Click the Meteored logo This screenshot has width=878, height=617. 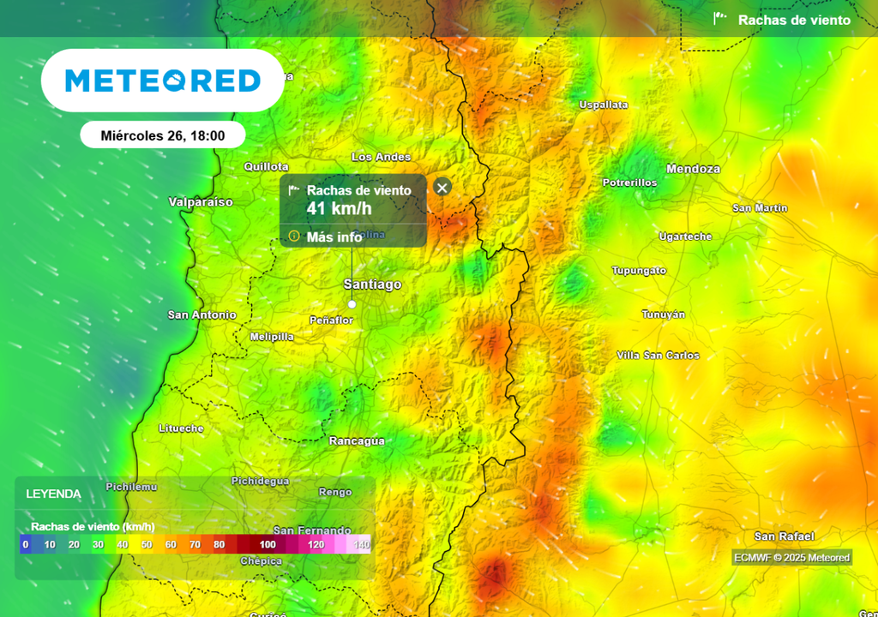(163, 81)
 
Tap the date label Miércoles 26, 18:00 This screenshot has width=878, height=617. (163, 135)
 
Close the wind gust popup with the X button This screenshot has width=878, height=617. (442, 188)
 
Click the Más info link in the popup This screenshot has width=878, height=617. (334, 237)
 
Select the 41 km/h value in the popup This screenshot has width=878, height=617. (340, 208)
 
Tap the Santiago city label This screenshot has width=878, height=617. (372, 285)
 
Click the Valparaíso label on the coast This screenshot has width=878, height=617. (201, 202)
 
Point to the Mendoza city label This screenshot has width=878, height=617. (693, 169)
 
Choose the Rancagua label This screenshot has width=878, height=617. (357, 440)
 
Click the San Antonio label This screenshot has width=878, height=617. (202, 315)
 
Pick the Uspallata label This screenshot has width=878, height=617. (604, 105)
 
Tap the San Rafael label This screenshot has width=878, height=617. (778, 536)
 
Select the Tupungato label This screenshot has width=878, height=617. (639, 271)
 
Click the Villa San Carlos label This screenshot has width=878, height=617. (658, 356)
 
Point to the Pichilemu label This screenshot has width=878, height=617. (131, 487)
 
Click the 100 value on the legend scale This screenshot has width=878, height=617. (268, 544)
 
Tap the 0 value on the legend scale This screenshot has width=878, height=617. (26, 544)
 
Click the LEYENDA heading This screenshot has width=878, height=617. (53, 494)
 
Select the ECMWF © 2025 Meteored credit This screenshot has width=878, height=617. (792, 558)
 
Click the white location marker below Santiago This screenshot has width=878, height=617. (352, 303)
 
